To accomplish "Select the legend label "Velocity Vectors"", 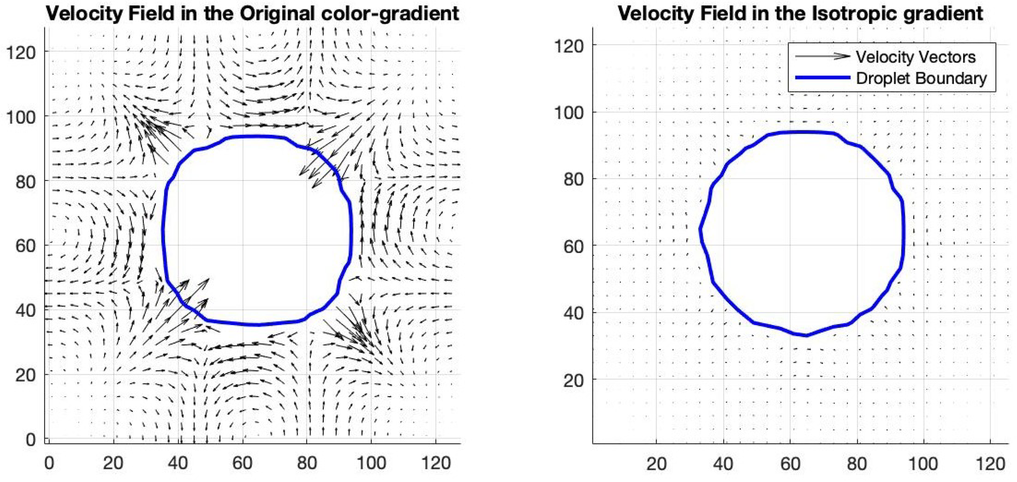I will pos(915,57).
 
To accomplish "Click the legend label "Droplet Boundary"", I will pos(921,78).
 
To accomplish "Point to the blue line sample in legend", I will pos(822,78).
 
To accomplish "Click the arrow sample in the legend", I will pos(822,57).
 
